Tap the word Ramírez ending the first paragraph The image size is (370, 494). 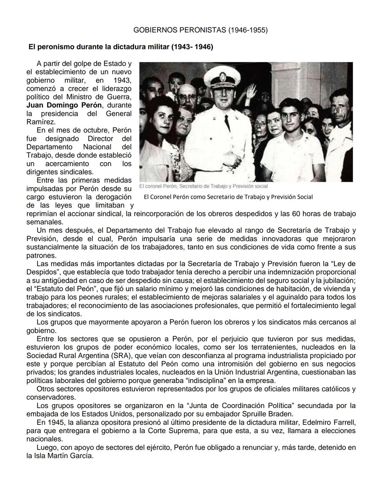(41, 122)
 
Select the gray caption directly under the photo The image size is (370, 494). (203, 186)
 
